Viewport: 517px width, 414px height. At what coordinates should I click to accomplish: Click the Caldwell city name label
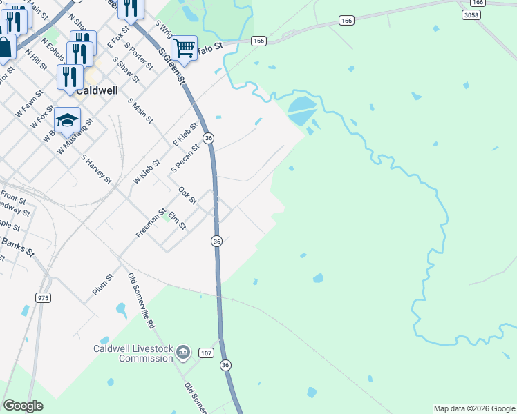pyautogui.click(x=97, y=90)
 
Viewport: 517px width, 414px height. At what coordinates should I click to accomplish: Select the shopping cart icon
pyautogui.click(x=184, y=48)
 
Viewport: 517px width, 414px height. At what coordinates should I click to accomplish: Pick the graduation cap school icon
pyautogui.click(x=67, y=120)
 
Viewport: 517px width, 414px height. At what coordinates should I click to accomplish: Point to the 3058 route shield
pyautogui.click(x=471, y=14)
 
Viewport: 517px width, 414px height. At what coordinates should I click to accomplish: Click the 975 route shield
pyautogui.click(x=43, y=297)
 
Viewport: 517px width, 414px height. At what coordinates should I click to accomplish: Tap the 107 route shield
pyautogui.click(x=206, y=353)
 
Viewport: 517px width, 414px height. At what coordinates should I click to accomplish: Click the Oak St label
pyautogui.click(x=187, y=196)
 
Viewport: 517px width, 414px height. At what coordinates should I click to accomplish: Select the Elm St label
pyautogui.click(x=178, y=221)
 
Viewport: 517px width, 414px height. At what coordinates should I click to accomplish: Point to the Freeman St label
pyautogui.click(x=151, y=224)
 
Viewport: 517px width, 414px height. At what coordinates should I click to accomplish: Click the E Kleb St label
pyautogui.click(x=185, y=134)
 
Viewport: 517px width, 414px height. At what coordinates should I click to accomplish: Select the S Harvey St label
pyautogui.click(x=96, y=169)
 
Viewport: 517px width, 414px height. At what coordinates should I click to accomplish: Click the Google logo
pyautogui.click(x=23, y=406)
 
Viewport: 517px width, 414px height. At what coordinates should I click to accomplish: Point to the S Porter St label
pyautogui.click(x=139, y=57)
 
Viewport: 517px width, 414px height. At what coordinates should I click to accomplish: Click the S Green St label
pyautogui.click(x=173, y=66)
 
